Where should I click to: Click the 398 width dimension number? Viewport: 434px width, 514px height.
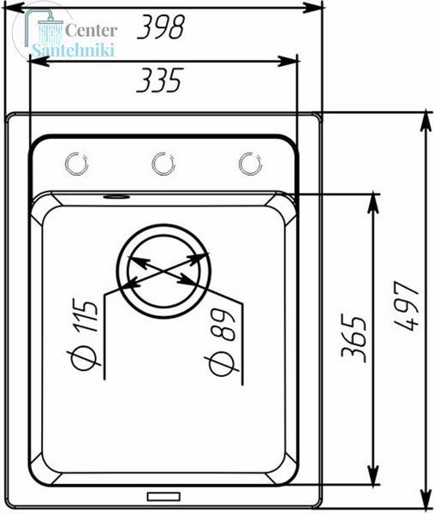coord(161,27)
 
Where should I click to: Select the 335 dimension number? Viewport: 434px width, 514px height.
coord(159,80)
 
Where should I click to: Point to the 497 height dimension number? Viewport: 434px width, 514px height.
coord(407,305)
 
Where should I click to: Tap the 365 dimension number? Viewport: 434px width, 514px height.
coord(354,338)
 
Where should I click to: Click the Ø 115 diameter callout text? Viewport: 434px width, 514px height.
coord(82,334)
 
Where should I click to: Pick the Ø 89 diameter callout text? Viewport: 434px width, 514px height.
coord(222,342)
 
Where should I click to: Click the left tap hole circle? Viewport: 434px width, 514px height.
coord(77,164)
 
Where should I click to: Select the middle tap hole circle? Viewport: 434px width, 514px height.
coord(163,164)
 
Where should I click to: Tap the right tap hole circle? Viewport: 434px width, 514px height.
coord(250,164)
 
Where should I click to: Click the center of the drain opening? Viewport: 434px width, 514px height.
coord(163,272)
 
